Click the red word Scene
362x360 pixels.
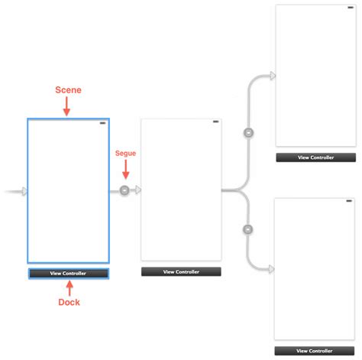click(x=67, y=89)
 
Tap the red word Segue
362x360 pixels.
click(x=124, y=153)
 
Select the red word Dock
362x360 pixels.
click(x=69, y=302)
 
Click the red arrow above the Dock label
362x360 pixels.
click(x=69, y=287)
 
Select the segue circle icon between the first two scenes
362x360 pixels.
click(x=124, y=190)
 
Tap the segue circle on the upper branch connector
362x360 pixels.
click(x=247, y=133)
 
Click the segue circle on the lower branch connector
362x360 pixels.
click(x=247, y=229)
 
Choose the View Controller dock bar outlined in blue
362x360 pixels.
click(x=68, y=273)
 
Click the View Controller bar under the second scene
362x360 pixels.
click(x=181, y=271)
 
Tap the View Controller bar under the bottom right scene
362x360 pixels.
click(x=315, y=350)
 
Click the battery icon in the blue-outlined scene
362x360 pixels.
click(x=102, y=122)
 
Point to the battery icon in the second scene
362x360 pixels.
click(x=215, y=122)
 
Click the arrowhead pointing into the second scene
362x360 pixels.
click(x=137, y=190)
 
